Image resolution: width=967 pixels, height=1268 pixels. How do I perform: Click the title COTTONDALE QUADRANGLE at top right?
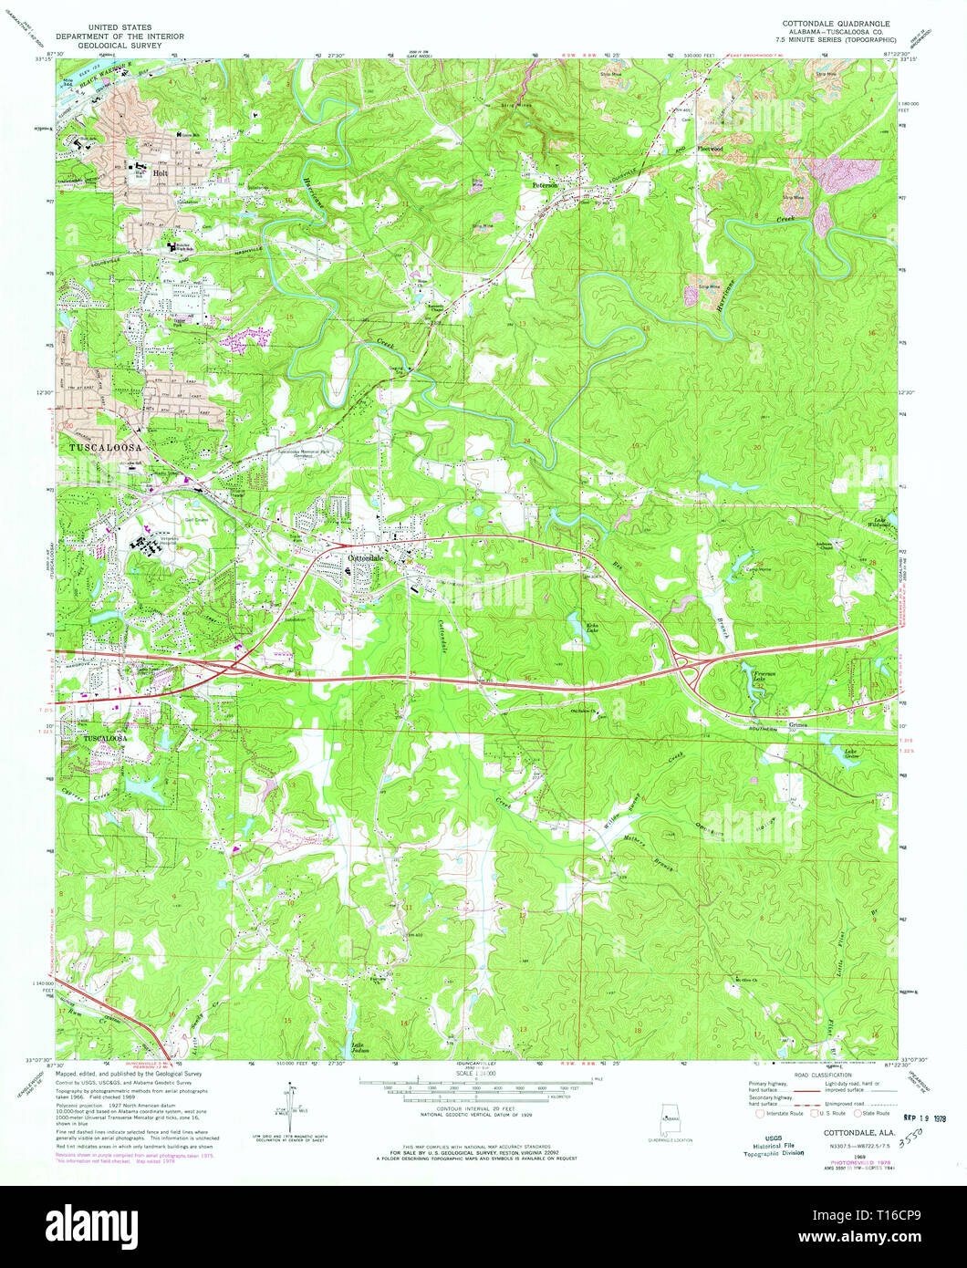click(x=836, y=21)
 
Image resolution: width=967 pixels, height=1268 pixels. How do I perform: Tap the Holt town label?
click(x=161, y=172)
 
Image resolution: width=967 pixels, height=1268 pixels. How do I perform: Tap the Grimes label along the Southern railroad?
click(x=799, y=726)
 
